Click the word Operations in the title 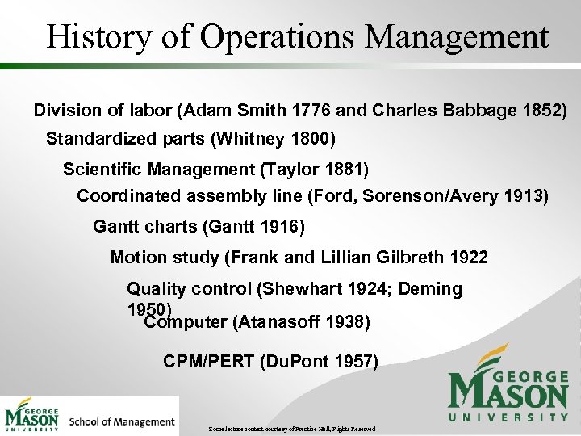pos(243,37)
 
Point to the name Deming pos(429,289)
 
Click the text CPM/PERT pos(208,361)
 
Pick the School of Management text pos(122,421)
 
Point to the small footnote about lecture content pos(292,428)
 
